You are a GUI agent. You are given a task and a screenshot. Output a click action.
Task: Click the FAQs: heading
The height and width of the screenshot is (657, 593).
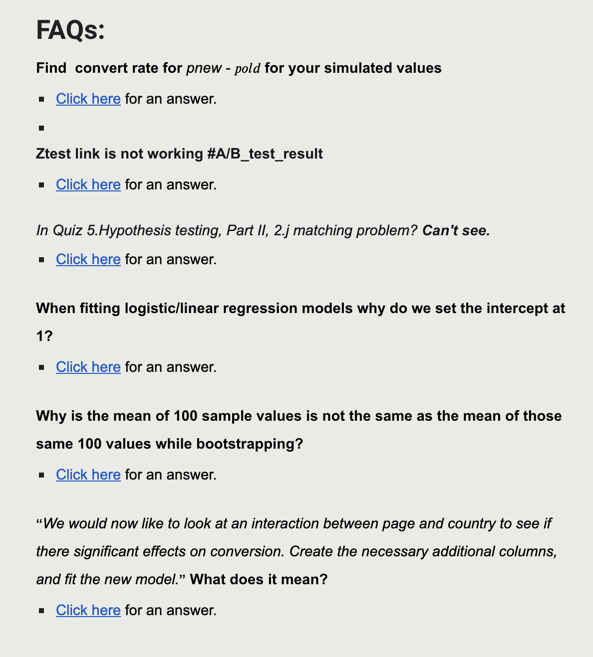(x=70, y=30)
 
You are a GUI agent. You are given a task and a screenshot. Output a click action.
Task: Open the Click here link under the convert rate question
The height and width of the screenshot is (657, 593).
(x=88, y=99)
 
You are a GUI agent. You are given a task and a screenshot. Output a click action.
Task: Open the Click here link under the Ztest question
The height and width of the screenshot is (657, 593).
(x=88, y=185)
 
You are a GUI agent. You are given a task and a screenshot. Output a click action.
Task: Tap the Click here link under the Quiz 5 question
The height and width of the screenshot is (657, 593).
(x=88, y=260)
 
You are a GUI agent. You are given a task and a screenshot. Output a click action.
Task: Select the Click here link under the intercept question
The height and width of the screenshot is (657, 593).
(x=88, y=367)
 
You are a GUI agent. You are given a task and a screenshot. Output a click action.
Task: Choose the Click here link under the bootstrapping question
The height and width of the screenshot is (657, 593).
(x=88, y=475)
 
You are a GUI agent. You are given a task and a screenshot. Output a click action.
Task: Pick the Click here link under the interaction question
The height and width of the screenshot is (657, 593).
(x=88, y=611)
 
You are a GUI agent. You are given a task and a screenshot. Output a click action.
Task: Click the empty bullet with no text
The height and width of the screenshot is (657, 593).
(x=41, y=128)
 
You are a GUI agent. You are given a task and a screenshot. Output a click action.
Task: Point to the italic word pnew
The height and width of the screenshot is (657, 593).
(x=204, y=68)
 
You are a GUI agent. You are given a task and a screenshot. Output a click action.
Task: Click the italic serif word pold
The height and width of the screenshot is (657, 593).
(x=248, y=69)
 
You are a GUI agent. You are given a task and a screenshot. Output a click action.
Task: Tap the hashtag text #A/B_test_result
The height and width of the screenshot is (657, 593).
(x=265, y=154)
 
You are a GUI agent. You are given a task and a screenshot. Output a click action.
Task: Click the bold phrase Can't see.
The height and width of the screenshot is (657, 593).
(x=456, y=231)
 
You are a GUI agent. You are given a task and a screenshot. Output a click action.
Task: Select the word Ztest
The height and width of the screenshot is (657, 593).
(x=53, y=154)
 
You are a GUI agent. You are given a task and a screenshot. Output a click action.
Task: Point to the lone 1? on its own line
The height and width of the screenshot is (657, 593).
(x=44, y=336)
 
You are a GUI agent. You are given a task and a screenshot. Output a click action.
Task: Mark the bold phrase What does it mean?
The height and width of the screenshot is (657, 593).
(x=259, y=580)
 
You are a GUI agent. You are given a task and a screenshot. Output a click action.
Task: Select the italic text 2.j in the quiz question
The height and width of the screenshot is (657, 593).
(x=282, y=231)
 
